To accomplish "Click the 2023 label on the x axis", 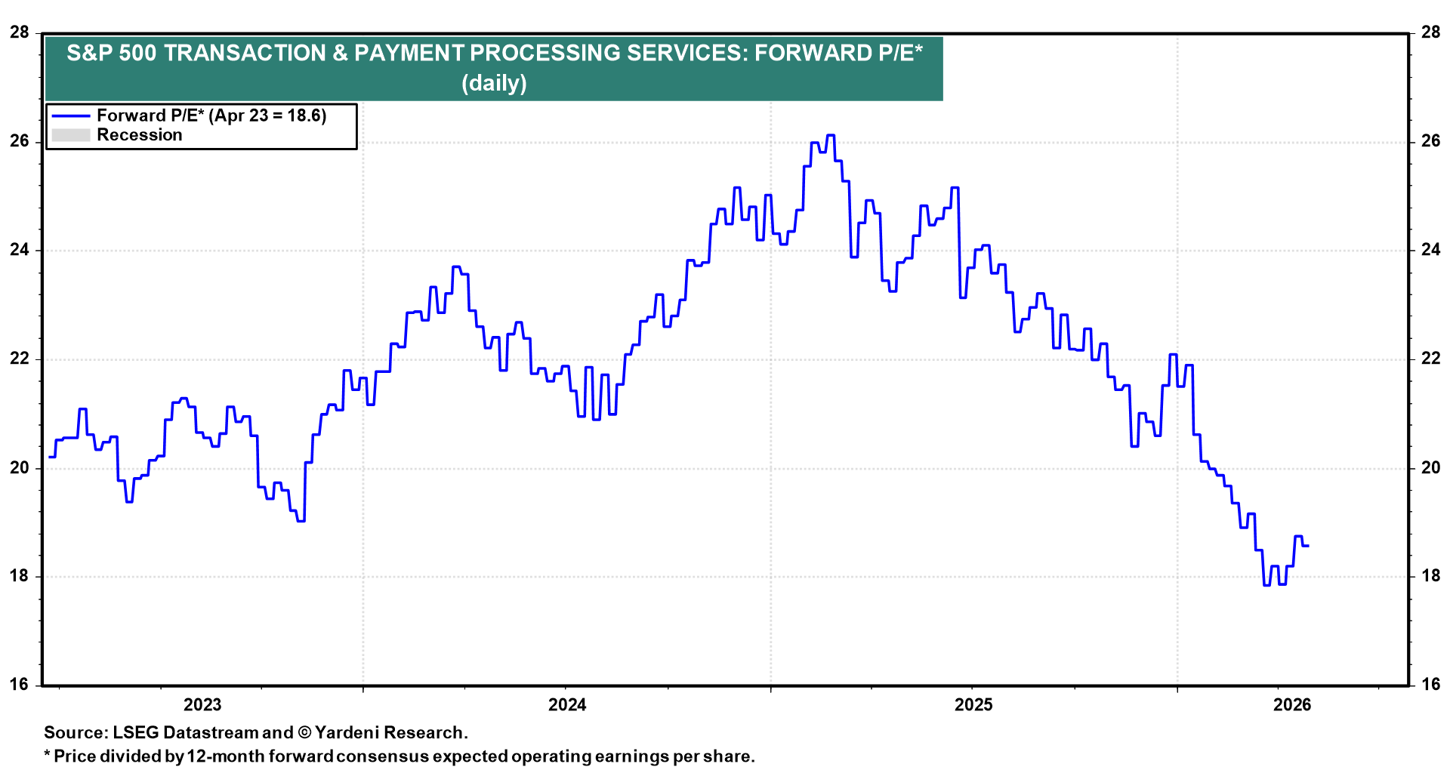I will point(202,705).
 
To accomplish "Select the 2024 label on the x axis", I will point(567,705).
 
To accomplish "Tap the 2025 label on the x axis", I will point(973,705).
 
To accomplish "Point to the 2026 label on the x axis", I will point(1292,705).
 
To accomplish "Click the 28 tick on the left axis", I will point(20,32).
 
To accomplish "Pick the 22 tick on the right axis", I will point(1430,359).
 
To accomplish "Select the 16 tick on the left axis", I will point(20,685).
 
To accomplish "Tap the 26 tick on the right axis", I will point(1430,141).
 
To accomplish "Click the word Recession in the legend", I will point(140,135).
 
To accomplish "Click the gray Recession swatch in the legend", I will point(70,135).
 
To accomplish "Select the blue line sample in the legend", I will point(70,115).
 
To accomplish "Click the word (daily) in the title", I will point(494,83).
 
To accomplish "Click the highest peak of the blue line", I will point(831,135).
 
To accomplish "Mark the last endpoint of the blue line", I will point(1308,546).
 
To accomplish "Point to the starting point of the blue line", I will point(49,457).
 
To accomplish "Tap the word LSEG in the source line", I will point(136,732).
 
